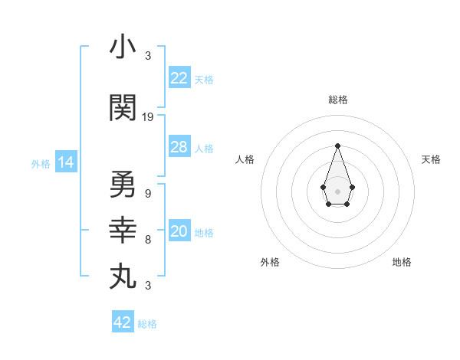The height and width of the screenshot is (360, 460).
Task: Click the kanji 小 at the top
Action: [x=123, y=47]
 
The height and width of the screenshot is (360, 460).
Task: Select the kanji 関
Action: [x=123, y=108]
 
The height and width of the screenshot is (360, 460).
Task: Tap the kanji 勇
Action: [x=123, y=185]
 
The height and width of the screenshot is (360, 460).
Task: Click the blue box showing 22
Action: [x=179, y=77]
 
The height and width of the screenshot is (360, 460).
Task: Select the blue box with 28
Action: [x=179, y=147]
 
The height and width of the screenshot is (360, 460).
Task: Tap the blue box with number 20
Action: [x=179, y=231]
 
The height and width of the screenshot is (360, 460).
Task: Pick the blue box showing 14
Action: [x=65, y=162]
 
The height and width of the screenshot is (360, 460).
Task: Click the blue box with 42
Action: [x=123, y=322]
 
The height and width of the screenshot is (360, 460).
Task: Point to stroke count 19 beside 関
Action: [x=148, y=116]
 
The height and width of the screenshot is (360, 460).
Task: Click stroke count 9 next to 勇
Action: [x=147, y=193]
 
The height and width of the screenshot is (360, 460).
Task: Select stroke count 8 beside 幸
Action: [x=147, y=239]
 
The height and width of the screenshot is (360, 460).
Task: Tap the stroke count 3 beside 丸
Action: [x=147, y=286]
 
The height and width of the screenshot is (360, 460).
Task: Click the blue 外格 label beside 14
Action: [x=41, y=163]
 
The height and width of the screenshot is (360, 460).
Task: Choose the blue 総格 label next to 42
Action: [x=147, y=324]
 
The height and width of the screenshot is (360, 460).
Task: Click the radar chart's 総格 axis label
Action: [x=337, y=100]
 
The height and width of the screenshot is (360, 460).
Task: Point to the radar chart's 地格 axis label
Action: [x=402, y=262]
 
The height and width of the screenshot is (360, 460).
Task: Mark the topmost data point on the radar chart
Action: [x=337, y=145]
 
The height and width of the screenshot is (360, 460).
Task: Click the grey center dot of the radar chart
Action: [x=337, y=190]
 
